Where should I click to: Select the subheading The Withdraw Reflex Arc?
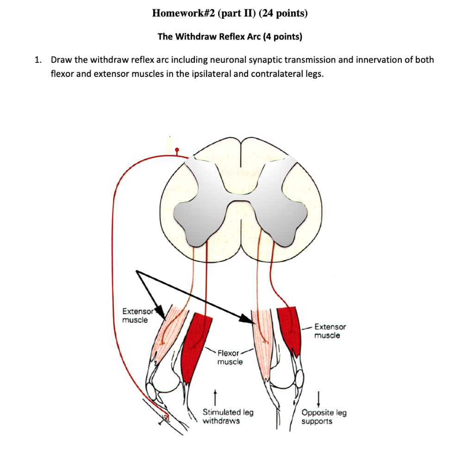209,37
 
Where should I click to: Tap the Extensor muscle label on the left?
135,316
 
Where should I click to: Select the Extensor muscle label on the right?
330,331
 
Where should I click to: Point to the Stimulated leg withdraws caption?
228,416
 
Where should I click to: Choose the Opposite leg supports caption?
324,417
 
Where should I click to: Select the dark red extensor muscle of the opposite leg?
290,329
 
